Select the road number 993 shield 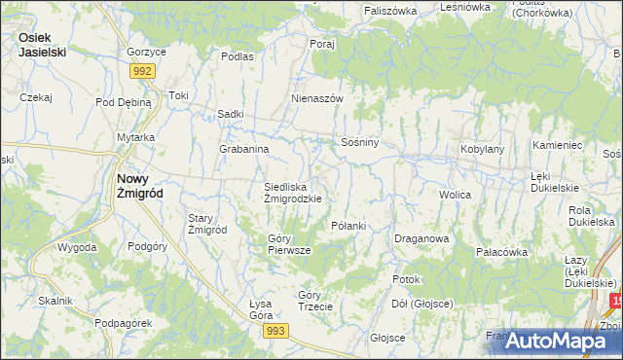pyautogui.click(x=275, y=333)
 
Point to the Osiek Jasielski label pyautogui.click(x=42, y=45)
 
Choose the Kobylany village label pyautogui.click(x=482, y=149)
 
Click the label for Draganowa pyautogui.click(x=421, y=238)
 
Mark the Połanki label pyautogui.click(x=348, y=226)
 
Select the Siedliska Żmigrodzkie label pyautogui.click(x=293, y=192)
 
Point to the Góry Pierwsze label pyautogui.click(x=289, y=244)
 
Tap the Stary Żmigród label pyautogui.click(x=207, y=224)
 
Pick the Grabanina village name pyautogui.click(x=243, y=149)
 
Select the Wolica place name pyautogui.click(x=455, y=195)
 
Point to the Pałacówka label pyautogui.click(x=501, y=252)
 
